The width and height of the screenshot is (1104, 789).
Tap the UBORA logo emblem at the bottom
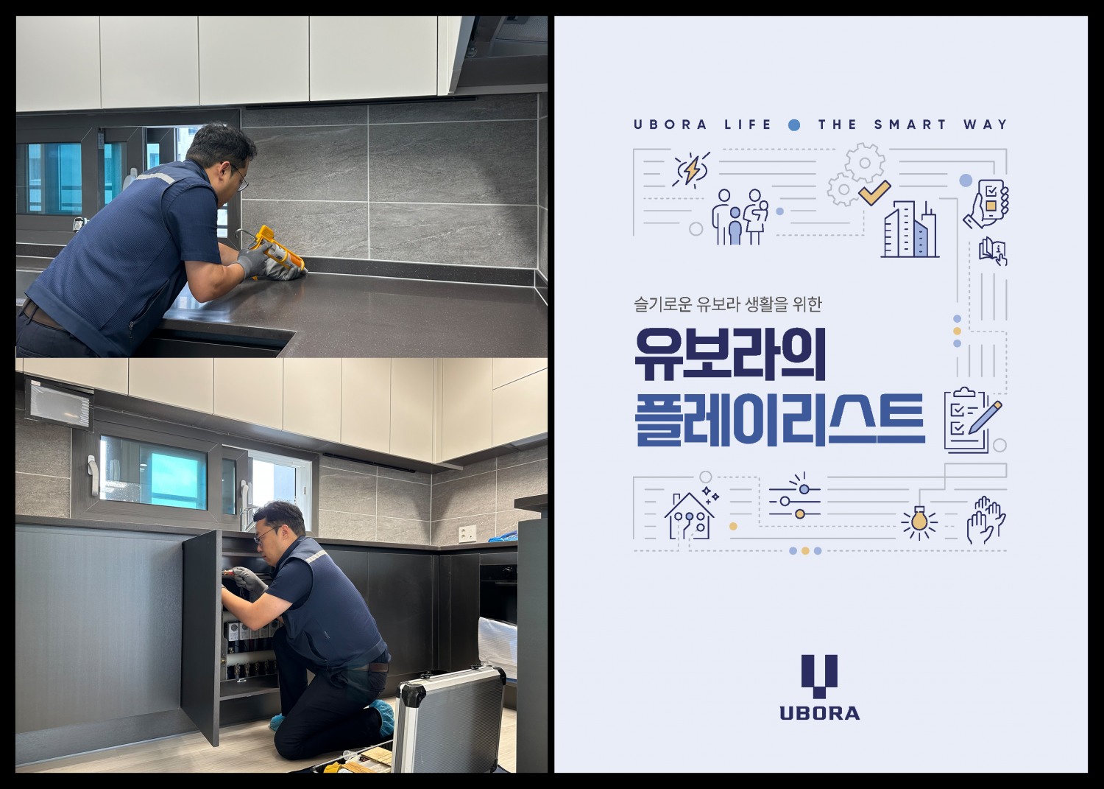click(x=819, y=675)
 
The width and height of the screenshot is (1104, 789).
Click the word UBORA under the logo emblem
click(x=819, y=713)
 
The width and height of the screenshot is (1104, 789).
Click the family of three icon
click(x=740, y=217)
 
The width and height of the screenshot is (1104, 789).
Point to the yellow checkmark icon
click(x=874, y=193)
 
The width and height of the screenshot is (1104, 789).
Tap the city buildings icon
click(x=910, y=231)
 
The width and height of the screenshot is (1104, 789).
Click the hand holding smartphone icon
click(x=987, y=203)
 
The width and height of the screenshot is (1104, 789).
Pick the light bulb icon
click(x=919, y=521)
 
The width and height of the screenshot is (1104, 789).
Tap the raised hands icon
click(x=985, y=519)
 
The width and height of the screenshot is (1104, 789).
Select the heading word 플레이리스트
click(x=779, y=420)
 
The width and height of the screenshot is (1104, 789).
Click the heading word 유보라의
click(x=730, y=355)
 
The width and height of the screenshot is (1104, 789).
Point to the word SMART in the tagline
click(x=910, y=125)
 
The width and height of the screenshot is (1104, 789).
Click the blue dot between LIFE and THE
click(x=794, y=125)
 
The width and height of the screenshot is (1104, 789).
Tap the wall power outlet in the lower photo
click(x=467, y=533)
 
